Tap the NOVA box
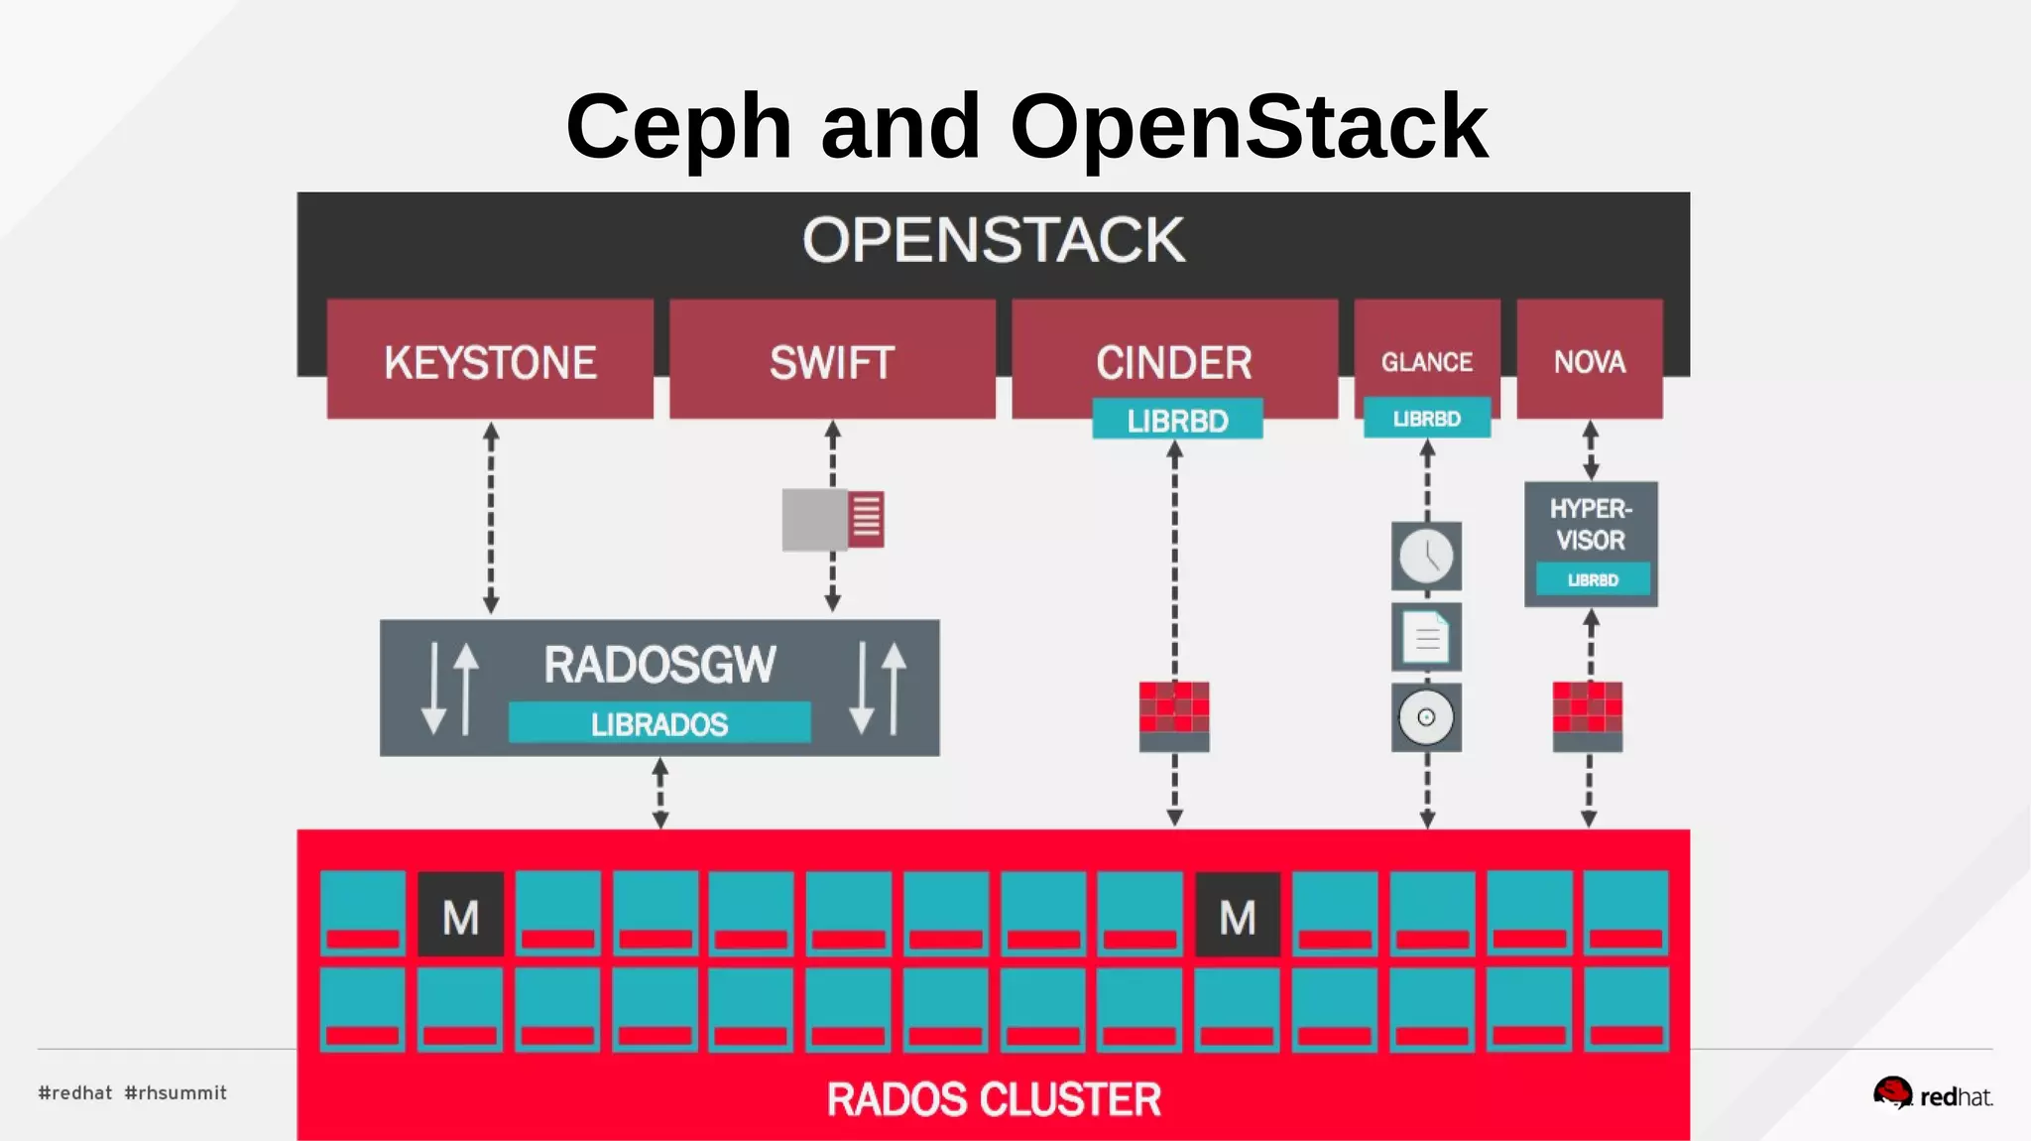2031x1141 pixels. [x=1590, y=360]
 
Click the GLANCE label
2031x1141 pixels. [x=1427, y=361]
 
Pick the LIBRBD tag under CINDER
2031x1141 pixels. [x=1177, y=420]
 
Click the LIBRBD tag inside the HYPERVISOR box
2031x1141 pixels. [x=1593, y=579]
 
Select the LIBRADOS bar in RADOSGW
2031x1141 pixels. [x=659, y=723]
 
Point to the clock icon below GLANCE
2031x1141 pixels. [x=1426, y=556]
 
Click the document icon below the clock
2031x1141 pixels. [x=1426, y=637]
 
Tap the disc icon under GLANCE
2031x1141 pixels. [x=1426, y=717]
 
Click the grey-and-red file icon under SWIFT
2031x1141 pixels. [x=833, y=519]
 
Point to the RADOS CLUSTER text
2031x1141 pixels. [x=994, y=1099]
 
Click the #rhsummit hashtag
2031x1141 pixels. [x=176, y=1092]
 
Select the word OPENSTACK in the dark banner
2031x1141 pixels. [x=994, y=240]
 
